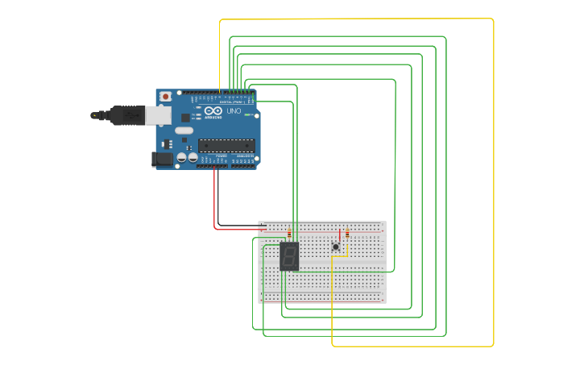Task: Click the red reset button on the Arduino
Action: tap(165, 97)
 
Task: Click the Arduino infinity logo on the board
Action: tap(213, 111)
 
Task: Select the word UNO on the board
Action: tap(234, 111)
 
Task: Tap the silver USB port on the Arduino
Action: tap(159, 115)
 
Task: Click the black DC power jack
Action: tap(162, 160)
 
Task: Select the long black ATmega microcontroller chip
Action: tap(226, 145)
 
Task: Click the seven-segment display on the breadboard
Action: tap(289, 256)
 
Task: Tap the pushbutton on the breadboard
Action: tap(336, 247)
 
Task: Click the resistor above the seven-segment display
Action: tap(289, 234)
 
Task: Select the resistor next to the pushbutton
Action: tap(347, 234)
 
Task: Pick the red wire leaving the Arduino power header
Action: tap(215, 201)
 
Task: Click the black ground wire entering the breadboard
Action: tap(242, 226)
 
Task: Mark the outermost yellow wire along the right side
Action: tap(493, 185)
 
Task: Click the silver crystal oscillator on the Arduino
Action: tap(184, 131)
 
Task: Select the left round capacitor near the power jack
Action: tap(182, 158)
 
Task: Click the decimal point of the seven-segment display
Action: tap(297, 267)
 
